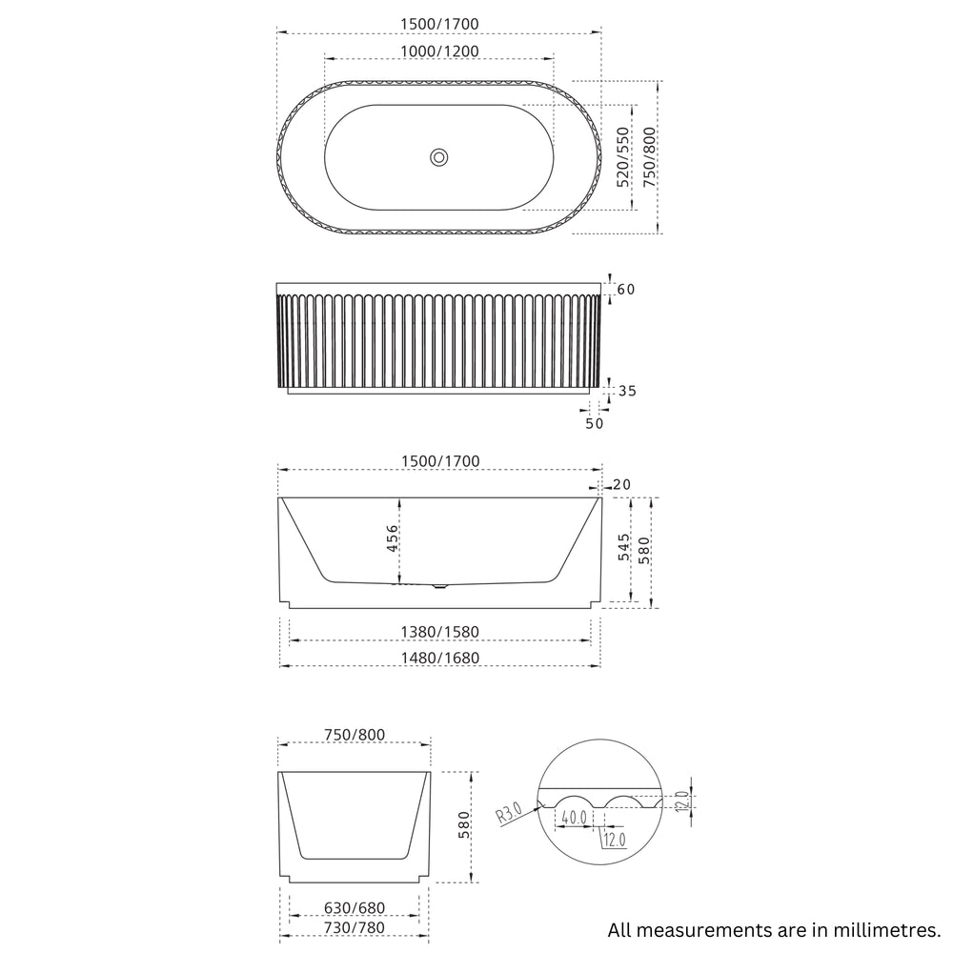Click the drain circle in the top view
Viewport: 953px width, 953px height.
439,157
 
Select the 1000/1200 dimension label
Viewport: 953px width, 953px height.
438,51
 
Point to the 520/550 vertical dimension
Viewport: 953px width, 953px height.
623,156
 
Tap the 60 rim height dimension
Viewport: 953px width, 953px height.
625,289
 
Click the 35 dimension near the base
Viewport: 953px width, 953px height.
625,391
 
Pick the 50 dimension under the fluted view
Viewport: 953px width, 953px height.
594,424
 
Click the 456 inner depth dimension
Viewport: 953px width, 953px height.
392,539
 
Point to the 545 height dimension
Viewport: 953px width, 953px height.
623,547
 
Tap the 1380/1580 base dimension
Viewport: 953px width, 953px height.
438,631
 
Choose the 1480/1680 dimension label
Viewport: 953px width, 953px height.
438,658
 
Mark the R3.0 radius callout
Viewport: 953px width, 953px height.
508,814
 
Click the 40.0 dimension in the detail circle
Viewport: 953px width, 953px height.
574,818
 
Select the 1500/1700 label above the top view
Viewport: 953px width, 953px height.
438,23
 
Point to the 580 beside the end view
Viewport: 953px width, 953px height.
464,824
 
